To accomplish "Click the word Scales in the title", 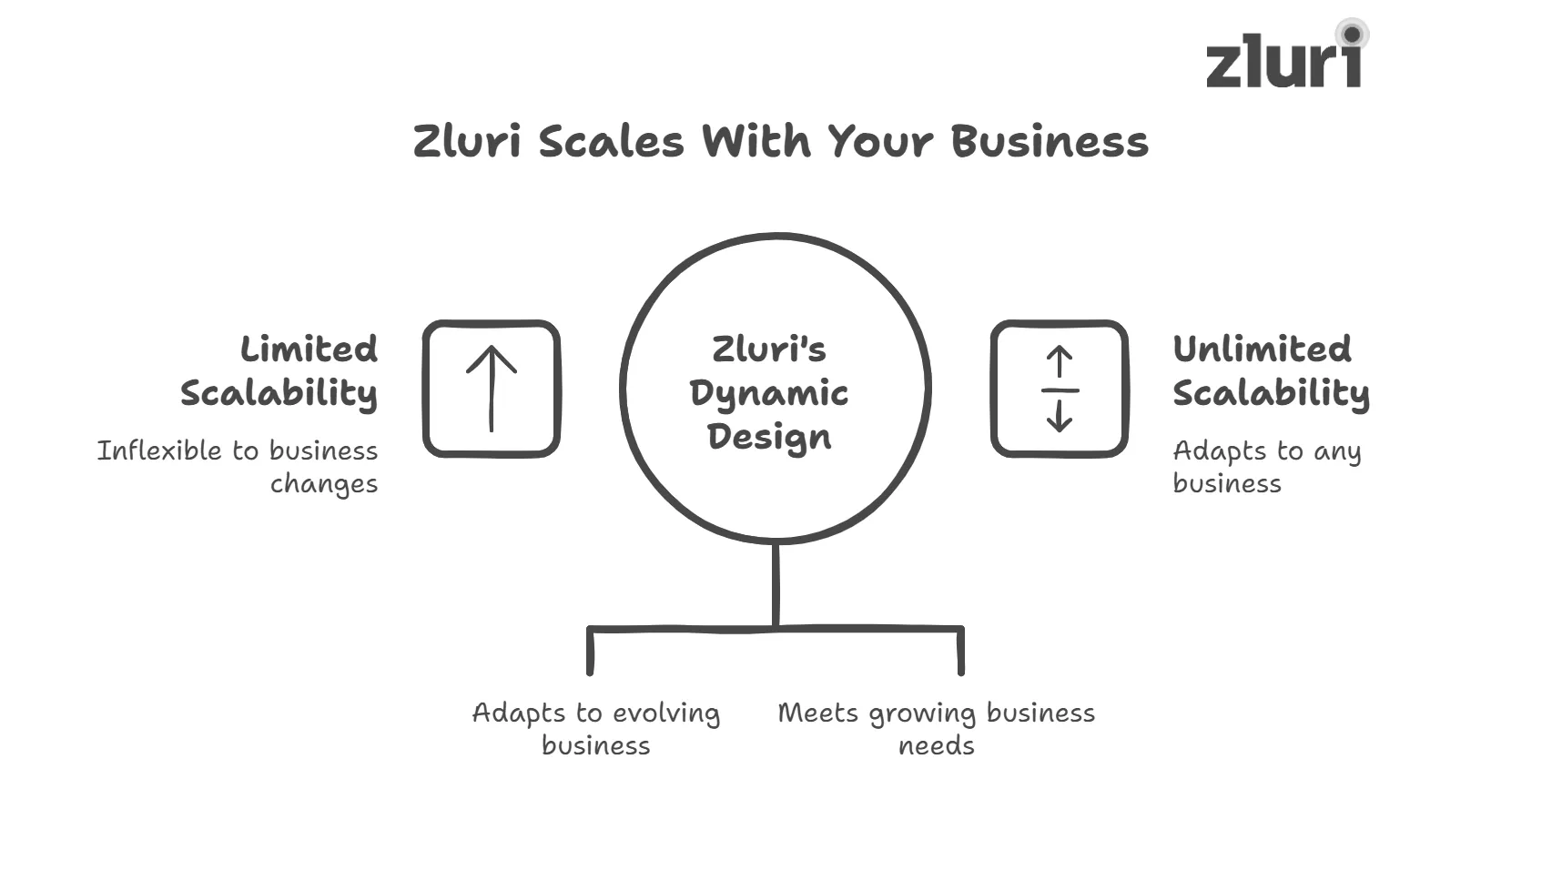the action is [611, 142].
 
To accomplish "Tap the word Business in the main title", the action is [1050, 142].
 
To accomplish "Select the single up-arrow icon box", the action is [492, 389].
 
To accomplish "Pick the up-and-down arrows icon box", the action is [1060, 389].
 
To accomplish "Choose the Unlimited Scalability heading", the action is [1271, 371].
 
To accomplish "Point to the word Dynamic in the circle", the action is [769, 393].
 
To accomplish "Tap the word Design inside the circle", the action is [769, 437].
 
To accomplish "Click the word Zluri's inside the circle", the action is [769, 349].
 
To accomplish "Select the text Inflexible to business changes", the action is [238, 466].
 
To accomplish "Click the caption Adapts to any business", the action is [1265, 466].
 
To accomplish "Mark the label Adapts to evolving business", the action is [596, 728].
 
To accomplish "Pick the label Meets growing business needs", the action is [936, 728].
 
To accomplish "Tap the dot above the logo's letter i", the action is [1352, 35].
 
